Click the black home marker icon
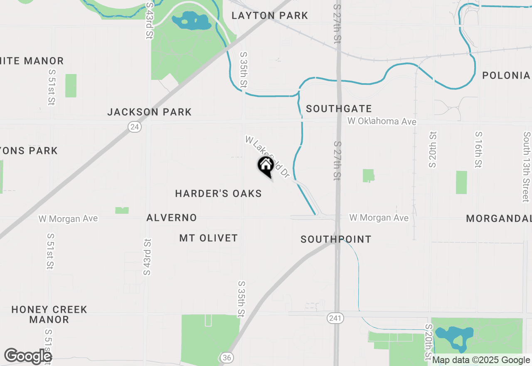[266, 166]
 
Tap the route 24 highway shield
[134, 127]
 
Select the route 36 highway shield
[226, 358]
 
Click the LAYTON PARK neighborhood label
[270, 16]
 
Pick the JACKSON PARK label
[149, 112]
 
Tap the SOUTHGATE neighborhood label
[339, 109]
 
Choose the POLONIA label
[506, 75]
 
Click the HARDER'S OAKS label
[218, 193]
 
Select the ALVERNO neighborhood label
[172, 218]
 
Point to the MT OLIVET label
[209, 238]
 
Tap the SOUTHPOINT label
[336, 239]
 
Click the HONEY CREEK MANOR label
[49, 314]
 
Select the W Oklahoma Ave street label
[382, 121]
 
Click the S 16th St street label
[479, 150]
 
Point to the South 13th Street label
[527, 166]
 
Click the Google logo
[28, 356]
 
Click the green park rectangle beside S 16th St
[461, 182]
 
